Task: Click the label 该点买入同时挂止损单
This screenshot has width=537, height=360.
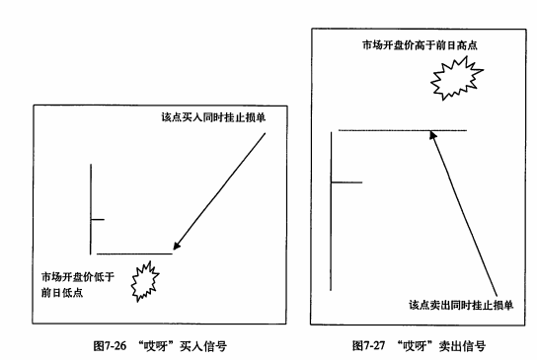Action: point(213,117)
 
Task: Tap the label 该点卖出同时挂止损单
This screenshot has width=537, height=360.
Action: point(461,305)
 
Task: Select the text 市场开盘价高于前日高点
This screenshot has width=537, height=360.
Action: point(420,45)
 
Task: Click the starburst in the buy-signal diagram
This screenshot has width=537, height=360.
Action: point(145,281)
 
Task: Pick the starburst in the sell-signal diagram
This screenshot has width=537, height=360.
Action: point(456,78)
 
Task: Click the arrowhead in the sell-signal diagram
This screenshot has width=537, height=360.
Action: point(433,135)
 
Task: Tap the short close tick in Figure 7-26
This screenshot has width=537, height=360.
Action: point(98,219)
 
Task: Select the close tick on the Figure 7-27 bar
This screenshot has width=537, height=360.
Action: point(346,182)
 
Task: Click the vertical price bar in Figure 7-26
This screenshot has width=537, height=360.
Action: point(91,209)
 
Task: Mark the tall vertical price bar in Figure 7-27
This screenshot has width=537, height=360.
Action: point(331,211)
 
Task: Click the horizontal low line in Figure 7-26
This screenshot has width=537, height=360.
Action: point(134,253)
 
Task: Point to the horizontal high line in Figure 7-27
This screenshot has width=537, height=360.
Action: point(403,130)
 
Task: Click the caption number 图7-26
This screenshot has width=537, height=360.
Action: point(110,346)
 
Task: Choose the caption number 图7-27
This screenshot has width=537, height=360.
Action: point(369,345)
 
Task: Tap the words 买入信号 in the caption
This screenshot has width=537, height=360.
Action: point(203,346)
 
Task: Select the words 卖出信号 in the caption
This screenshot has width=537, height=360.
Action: point(462,345)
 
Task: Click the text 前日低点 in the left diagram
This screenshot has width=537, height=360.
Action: point(62,293)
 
